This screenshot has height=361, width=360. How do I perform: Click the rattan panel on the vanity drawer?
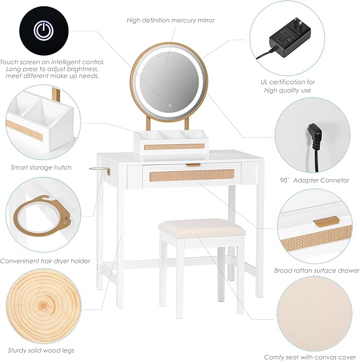coord(191,175)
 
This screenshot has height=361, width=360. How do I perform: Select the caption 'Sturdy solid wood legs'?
coord(42,350)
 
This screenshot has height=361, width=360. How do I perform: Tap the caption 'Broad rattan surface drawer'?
coord(317,270)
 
